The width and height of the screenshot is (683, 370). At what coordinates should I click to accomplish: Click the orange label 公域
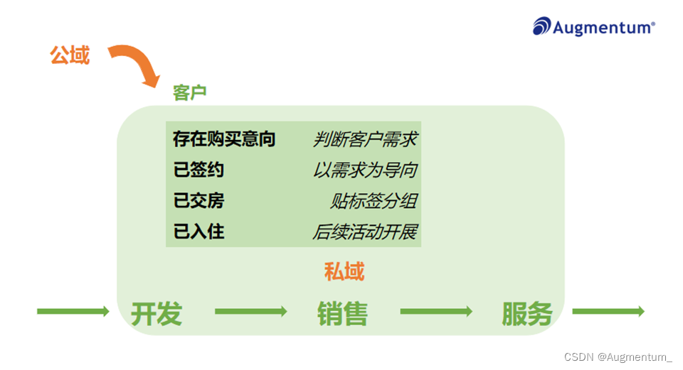[x=70, y=55]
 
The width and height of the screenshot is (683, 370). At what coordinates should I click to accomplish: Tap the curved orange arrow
[x=135, y=65]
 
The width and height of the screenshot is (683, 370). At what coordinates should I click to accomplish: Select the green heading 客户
[x=189, y=92]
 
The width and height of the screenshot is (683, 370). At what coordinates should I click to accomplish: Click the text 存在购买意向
[x=223, y=138]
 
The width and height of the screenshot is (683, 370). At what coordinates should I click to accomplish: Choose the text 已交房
[x=198, y=201]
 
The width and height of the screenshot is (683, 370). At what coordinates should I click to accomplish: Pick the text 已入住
[x=198, y=232]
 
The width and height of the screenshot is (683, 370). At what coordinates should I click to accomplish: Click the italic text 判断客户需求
[x=364, y=139]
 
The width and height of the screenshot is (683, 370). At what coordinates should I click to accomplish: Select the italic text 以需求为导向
[x=364, y=170]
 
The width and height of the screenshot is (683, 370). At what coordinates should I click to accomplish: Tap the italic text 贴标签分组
[x=373, y=201]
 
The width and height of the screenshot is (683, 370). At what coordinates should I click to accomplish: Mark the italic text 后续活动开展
[x=364, y=232]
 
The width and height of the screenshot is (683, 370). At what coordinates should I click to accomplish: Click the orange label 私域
[x=344, y=271]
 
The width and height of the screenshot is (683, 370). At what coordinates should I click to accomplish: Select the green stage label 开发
[x=157, y=312]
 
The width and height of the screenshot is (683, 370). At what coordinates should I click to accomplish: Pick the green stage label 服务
[x=527, y=312]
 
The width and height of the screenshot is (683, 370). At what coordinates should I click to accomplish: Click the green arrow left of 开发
[x=73, y=311]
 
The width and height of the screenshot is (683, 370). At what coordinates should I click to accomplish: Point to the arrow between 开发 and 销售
[x=250, y=311]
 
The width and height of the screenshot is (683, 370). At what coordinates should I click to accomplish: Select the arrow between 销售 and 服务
[x=436, y=311]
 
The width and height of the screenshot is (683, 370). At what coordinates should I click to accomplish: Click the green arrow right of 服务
[x=608, y=311]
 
